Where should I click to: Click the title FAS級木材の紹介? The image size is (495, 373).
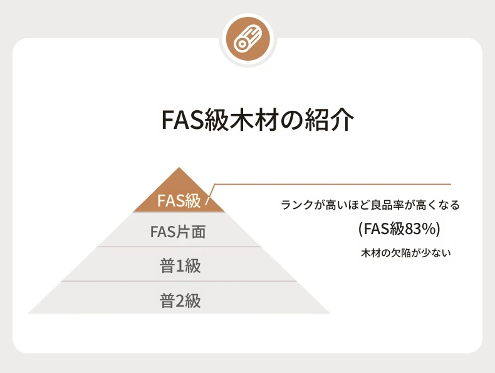(258, 120)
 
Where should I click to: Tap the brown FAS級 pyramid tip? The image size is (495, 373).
(179, 193)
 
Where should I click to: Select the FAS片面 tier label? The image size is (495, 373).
(178, 232)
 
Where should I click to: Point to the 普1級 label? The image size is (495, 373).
(180, 265)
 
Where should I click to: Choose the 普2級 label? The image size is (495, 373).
(180, 300)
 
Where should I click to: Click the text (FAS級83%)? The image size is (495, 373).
(399, 228)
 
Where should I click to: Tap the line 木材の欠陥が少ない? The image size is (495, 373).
(406, 253)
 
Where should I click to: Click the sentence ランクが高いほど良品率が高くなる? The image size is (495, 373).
(370, 205)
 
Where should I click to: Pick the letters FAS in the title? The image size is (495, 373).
(182, 120)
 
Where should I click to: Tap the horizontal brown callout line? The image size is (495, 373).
(333, 184)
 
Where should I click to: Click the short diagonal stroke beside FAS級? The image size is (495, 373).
(210, 195)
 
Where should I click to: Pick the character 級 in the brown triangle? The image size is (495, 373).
(192, 200)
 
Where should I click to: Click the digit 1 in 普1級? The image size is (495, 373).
(180, 266)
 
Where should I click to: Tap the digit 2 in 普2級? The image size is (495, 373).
(180, 300)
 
